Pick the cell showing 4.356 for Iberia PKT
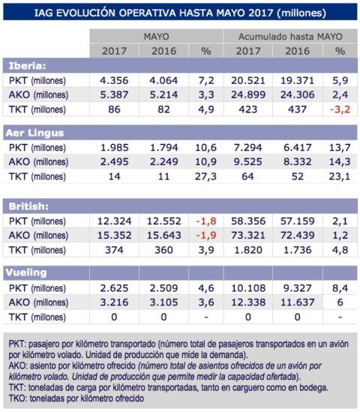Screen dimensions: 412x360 click(115, 80)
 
